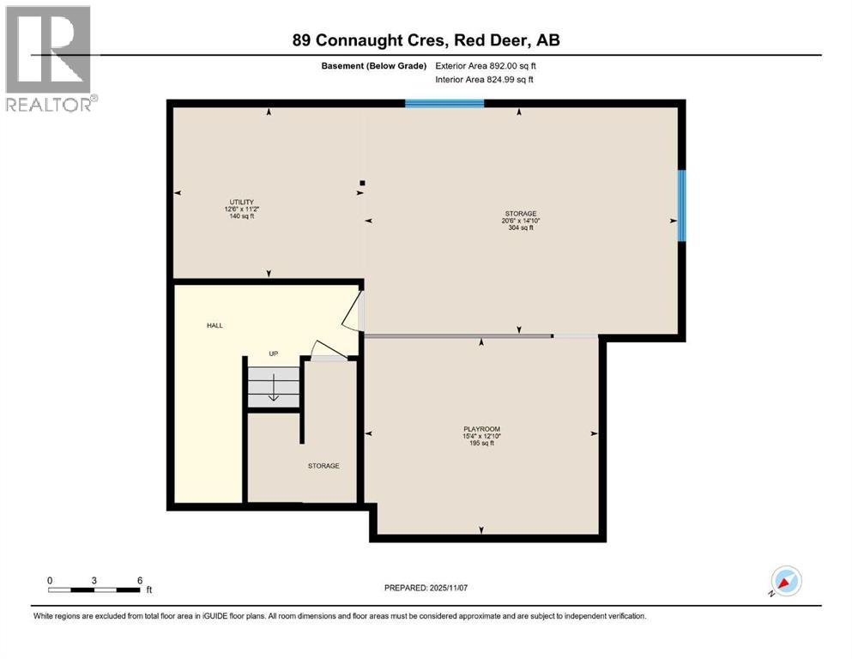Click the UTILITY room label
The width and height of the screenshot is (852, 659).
pos(240,202)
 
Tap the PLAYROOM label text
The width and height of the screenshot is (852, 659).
pos(481,428)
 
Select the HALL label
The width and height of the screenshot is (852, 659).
pos(215,325)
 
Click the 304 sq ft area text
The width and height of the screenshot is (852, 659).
pos(519,227)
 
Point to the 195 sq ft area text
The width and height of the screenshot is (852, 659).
pos(481,443)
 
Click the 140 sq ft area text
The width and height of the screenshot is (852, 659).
pos(240,216)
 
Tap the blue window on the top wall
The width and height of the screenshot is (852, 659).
pos(444,104)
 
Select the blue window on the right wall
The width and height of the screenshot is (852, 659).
pos(682,206)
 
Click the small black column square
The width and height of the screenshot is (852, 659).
pos(363,183)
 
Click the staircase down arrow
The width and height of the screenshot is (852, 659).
pos(274,392)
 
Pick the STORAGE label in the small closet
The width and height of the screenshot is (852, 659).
pos(323,466)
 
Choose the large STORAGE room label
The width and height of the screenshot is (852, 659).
pos(519,213)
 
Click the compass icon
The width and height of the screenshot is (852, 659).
pos(785,582)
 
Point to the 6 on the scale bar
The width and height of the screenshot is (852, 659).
pos(139,579)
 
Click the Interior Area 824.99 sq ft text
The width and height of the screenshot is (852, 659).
pos(485,80)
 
